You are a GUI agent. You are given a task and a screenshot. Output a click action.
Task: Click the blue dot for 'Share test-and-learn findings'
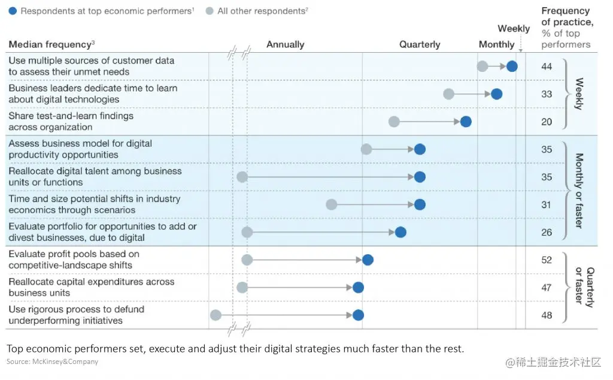pyautogui.click(x=466, y=122)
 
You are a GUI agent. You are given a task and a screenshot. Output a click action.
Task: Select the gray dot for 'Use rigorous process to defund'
pyautogui.click(x=216, y=315)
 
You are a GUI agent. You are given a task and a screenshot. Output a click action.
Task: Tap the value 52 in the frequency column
pyautogui.click(x=546, y=260)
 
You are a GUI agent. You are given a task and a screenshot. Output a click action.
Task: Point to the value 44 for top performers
pyautogui.click(x=546, y=67)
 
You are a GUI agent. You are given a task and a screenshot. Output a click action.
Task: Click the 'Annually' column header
pyautogui.click(x=286, y=44)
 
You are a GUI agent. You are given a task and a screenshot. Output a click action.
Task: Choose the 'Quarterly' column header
pyautogui.click(x=420, y=44)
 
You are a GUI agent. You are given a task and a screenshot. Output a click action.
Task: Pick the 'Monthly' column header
pyautogui.click(x=496, y=44)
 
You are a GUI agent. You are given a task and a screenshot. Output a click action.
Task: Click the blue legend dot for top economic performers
pyautogui.click(x=13, y=11)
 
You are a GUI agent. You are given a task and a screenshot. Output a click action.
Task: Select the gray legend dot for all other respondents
pyautogui.click(x=210, y=11)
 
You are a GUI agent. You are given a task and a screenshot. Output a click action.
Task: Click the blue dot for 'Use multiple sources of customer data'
pyautogui.click(x=512, y=67)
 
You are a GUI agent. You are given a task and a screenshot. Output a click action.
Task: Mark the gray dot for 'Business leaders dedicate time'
pyautogui.click(x=448, y=94)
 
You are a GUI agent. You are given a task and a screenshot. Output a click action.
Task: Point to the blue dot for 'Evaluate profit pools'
pyautogui.click(x=368, y=260)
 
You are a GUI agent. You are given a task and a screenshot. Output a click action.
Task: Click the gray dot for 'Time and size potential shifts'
pyautogui.click(x=332, y=204)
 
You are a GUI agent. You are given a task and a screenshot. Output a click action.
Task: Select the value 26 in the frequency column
pyautogui.click(x=546, y=233)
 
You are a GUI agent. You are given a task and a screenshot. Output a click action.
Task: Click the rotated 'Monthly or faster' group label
pyautogui.click(x=579, y=191)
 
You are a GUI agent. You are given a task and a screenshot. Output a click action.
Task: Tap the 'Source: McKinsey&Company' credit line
pyautogui.click(x=53, y=361)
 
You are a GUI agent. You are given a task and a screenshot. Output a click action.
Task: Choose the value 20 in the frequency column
pyautogui.click(x=546, y=122)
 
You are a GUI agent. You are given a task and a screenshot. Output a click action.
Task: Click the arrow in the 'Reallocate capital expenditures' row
pyautogui.click(x=299, y=288)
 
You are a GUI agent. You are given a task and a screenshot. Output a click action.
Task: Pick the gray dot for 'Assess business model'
pyautogui.click(x=366, y=149)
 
